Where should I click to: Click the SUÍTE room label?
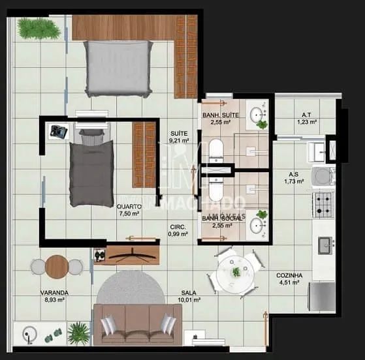[x=179, y=131]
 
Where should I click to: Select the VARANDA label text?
[x=54, y=293]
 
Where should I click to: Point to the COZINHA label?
[x=288, y=275]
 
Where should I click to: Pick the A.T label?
[x=306, y=114]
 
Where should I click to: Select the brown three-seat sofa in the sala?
[x=138, y=324]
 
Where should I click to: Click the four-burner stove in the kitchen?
[x=323, y=204]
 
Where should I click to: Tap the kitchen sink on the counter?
[x=324, y=245]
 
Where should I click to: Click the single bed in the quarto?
[x=91, y=168]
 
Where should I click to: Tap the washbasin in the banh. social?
[x=257, y=225]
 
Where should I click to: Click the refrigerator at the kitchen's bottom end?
[x=323, y=297]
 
